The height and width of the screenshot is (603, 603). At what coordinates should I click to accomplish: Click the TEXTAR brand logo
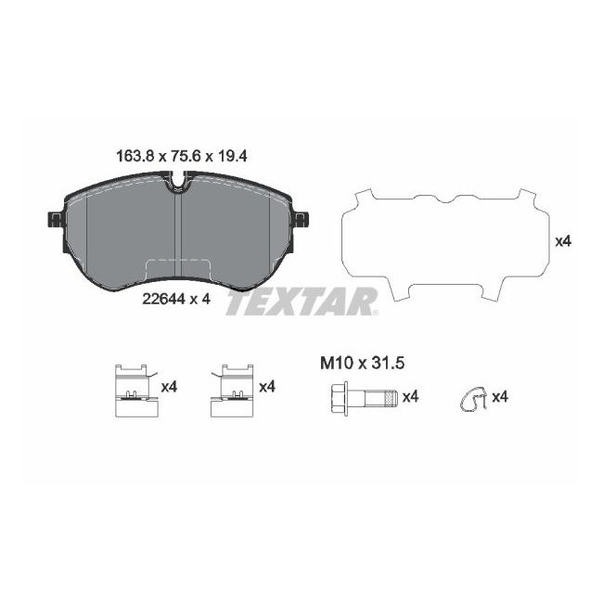[x=301, y=302]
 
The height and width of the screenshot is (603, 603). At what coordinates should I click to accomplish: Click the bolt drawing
[x=364, y=397]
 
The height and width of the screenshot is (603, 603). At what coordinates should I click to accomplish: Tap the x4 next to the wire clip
[x=500, y=397]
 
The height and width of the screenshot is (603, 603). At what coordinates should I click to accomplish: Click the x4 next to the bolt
[x=410, y=397]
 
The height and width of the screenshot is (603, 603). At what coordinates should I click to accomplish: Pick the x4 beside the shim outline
[x=562, y=241]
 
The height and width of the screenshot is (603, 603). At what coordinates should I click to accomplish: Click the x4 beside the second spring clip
[x=267, y=387]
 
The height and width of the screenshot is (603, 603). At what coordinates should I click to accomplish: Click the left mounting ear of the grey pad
[x=53, y=219]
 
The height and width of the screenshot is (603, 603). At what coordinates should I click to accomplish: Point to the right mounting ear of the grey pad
[x=301, y=219]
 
